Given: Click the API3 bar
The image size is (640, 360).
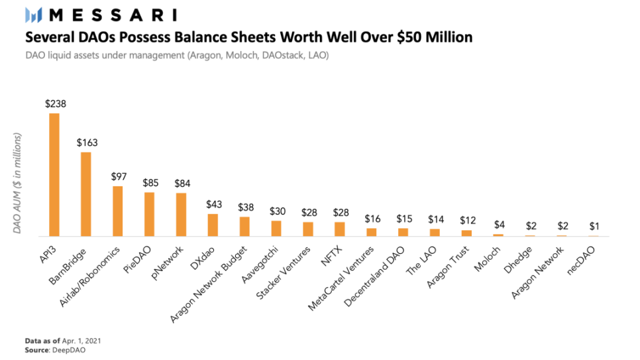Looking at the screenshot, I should tap(54, 175).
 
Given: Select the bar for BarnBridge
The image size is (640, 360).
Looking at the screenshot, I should tap(86, 194).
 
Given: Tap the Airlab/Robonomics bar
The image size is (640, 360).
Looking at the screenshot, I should tap(117, 211).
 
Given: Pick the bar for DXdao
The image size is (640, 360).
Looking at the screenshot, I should tap(213, 225).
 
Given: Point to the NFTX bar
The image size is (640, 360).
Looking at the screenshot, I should tap(340, 229).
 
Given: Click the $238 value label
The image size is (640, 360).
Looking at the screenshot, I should tap(54, 103).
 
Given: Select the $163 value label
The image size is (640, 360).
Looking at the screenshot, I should tap(86, 143).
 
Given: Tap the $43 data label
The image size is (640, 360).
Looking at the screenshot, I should tap(213, 204).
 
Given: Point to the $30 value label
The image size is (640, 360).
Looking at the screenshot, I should tap(276, 211).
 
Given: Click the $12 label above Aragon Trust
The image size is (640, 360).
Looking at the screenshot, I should tap(467, 220).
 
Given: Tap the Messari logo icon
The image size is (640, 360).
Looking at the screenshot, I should tap(33, 15).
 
